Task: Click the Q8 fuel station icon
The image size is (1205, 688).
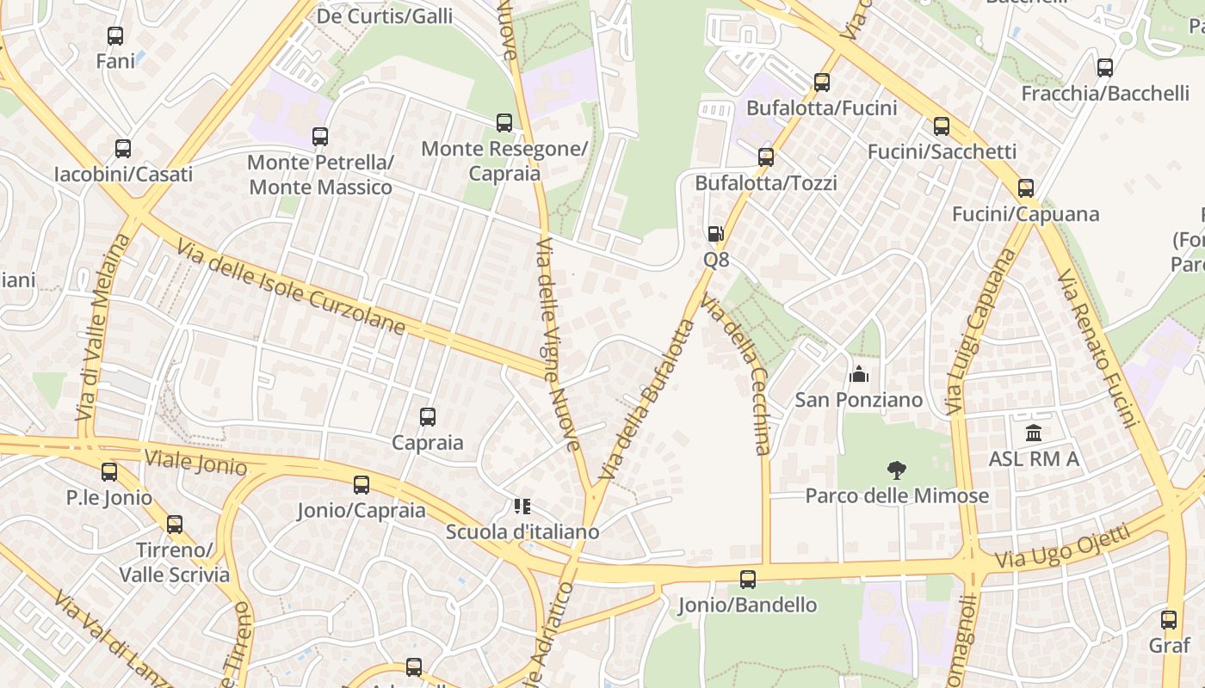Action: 715,234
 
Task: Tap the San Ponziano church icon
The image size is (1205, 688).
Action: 858,374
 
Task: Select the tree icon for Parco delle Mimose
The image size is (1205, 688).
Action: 896,470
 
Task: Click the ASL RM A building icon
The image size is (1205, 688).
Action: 1034,433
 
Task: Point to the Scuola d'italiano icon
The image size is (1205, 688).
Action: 522,507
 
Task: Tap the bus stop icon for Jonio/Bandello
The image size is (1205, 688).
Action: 748,580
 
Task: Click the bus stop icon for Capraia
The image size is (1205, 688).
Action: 428,417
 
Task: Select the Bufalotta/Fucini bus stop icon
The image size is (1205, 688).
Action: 822,83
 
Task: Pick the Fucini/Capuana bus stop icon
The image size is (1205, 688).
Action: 1025,188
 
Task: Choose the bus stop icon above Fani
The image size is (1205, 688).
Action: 115,36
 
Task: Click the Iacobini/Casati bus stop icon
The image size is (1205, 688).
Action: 123,149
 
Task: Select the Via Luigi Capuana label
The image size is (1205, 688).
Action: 979,331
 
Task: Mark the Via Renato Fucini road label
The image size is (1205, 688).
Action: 1098,347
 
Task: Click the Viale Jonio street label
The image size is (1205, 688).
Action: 195,462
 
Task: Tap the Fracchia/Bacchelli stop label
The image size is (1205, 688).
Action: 1105,93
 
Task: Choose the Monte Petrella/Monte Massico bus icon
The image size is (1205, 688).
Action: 320,136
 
